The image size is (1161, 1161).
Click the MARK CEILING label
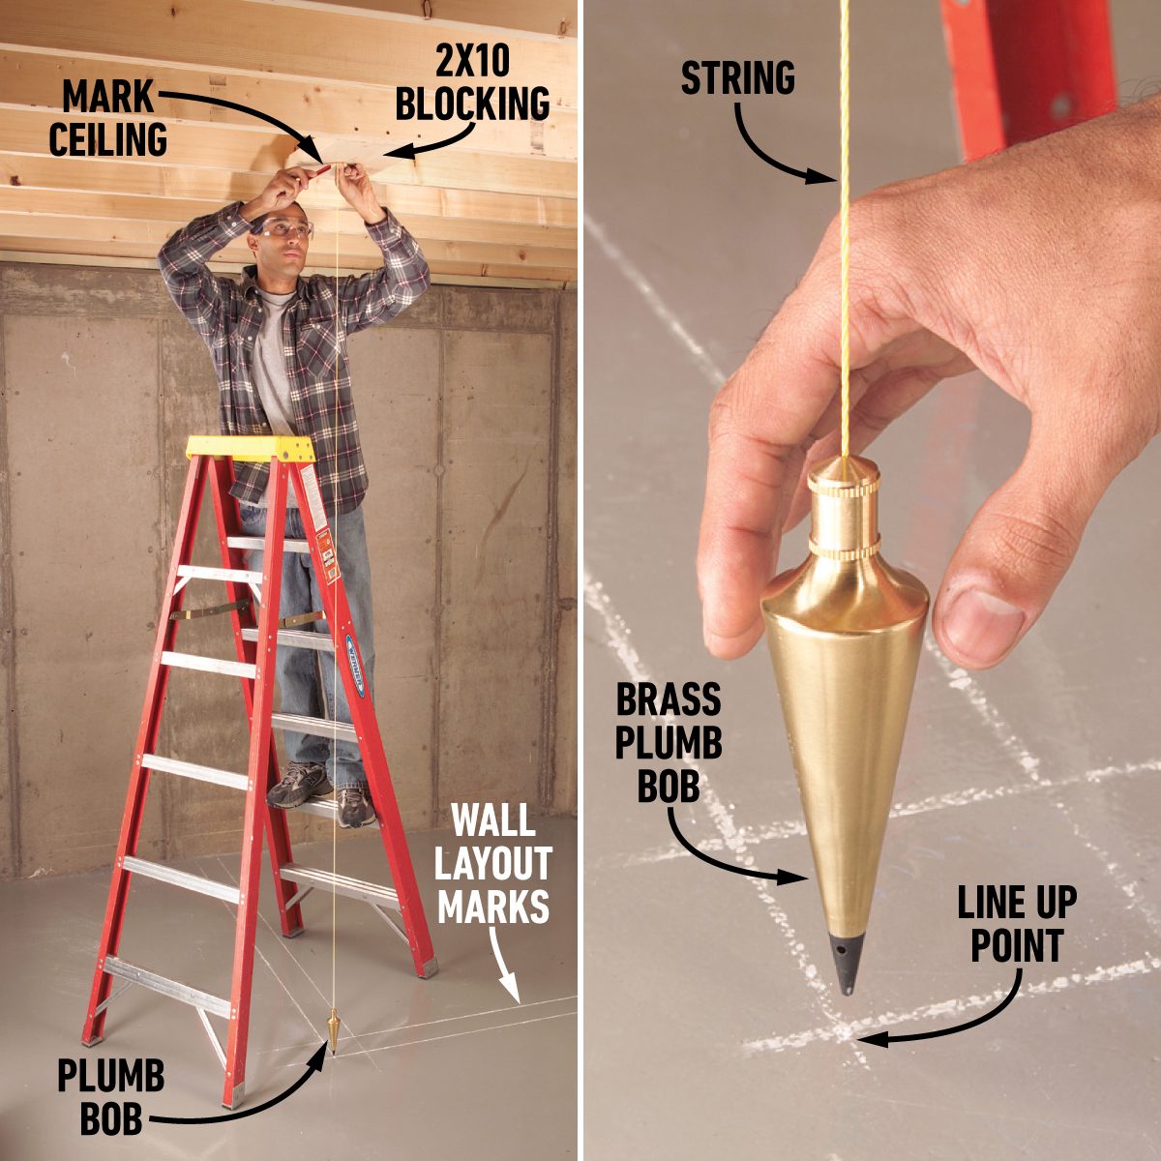(108, 119)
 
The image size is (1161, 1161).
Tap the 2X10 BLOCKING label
(472, 86)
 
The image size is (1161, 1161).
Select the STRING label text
(737, 78)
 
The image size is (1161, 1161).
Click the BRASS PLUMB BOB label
(669, 741)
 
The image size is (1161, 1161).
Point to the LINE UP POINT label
(1017, 923)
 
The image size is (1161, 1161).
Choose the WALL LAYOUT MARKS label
(493, 865)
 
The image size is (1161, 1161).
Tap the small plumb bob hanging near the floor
(334, 1031)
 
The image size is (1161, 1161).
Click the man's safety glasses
(285, 229)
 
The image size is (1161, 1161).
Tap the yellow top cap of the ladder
(251, 447)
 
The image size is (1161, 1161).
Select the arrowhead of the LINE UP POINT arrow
(864, 1039)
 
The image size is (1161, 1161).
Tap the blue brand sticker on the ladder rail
(353, 668)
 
